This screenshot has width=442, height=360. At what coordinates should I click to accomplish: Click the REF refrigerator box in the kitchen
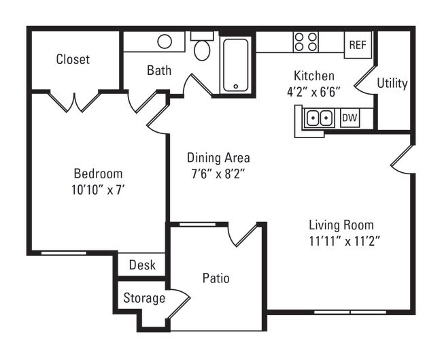click(x=357, y=44)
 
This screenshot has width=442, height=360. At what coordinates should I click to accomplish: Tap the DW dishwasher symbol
click(x=350, y=118)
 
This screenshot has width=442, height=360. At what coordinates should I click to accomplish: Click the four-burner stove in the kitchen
click(x=306, y=42)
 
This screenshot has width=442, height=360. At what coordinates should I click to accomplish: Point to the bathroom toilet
click(x=202, y=48)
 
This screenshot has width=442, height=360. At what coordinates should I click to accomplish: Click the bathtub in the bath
click(x=235, y=65)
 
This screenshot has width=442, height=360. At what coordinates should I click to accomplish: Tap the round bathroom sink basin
click(x=165, y=42)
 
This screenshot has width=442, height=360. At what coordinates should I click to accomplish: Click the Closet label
click(x=73, y=59)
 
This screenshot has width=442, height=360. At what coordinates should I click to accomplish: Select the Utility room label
click(x=392, y=83)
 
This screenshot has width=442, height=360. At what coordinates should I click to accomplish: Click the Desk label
click(x=142, y=265)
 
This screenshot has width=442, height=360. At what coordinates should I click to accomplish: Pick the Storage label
click(x=144, y=298)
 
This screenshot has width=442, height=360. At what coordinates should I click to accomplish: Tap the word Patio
click(x=216, y=278)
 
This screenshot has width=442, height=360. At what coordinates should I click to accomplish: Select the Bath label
click(x=159, y=70)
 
